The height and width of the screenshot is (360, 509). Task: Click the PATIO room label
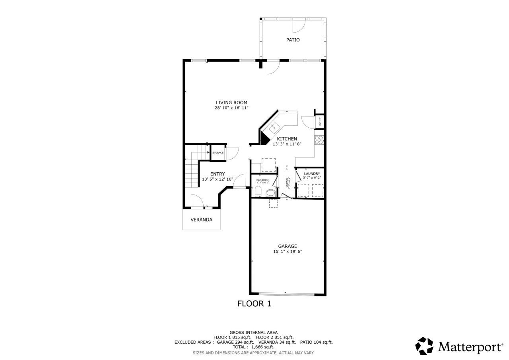(293, 40)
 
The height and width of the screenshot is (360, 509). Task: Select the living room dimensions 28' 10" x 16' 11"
(231, 108)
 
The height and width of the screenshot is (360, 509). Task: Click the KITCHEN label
(287, 139)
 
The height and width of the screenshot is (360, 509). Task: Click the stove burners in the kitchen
(319, 140)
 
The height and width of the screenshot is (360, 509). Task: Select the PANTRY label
(320, 122)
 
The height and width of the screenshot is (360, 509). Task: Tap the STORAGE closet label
(218, 153)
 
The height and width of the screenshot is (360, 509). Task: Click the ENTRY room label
(218, 174)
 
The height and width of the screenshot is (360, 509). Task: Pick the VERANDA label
(201, 220)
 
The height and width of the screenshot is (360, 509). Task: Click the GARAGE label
(287, 246)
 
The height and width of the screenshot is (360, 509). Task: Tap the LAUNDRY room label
(312, 174)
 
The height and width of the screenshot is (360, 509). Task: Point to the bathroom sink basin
(270, 193)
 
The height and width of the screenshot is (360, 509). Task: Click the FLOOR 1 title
(254, 304)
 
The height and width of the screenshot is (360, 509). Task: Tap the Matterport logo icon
(424, 346)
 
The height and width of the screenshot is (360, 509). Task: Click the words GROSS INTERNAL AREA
(253, 333)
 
